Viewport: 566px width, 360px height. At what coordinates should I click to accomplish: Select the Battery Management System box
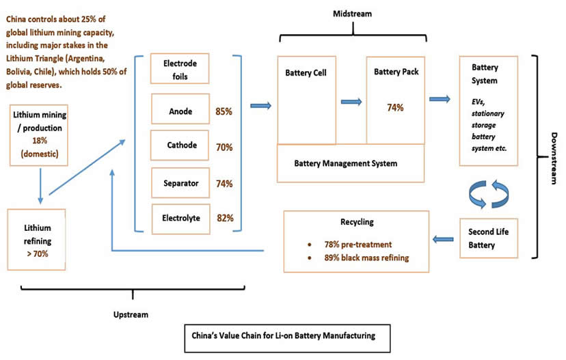click(x=351, y=163)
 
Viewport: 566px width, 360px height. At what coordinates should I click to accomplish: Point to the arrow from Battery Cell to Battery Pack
click(x=351, y=102)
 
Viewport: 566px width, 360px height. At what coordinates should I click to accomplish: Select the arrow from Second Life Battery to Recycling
click(x=444, y=238)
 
